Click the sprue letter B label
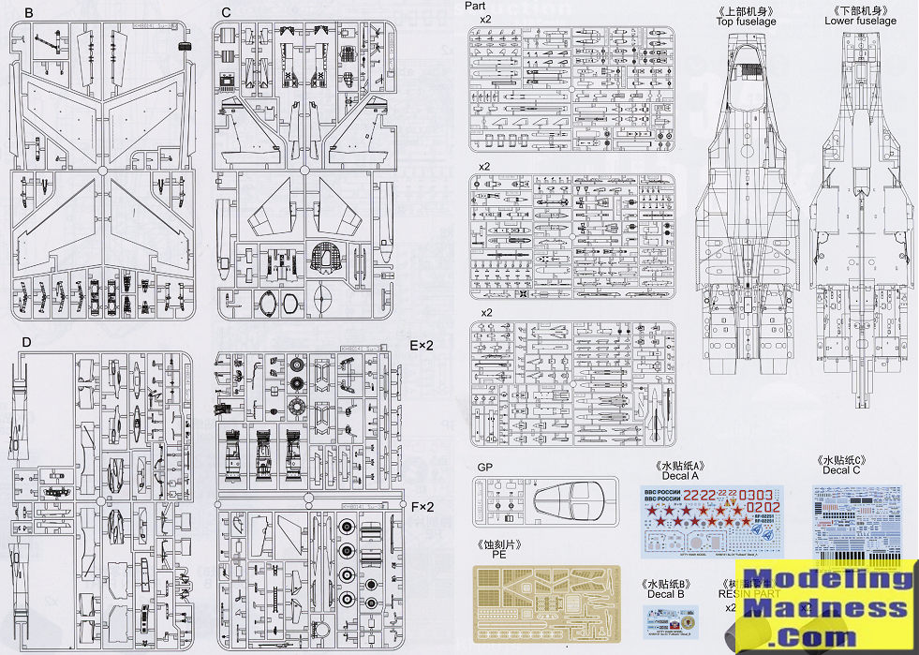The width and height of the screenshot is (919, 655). coord(29,12)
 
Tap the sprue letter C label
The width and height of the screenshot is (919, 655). coord(226,12)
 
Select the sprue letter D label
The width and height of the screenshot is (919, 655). coord(26,341)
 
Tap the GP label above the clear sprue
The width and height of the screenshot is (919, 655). coord(484,466)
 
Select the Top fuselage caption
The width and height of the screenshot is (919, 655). coord(746,21)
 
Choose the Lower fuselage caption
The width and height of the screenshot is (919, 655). coord(860,21)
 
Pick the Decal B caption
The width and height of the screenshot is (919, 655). coord(666,594)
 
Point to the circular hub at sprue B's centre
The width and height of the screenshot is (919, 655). coord(101,171)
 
